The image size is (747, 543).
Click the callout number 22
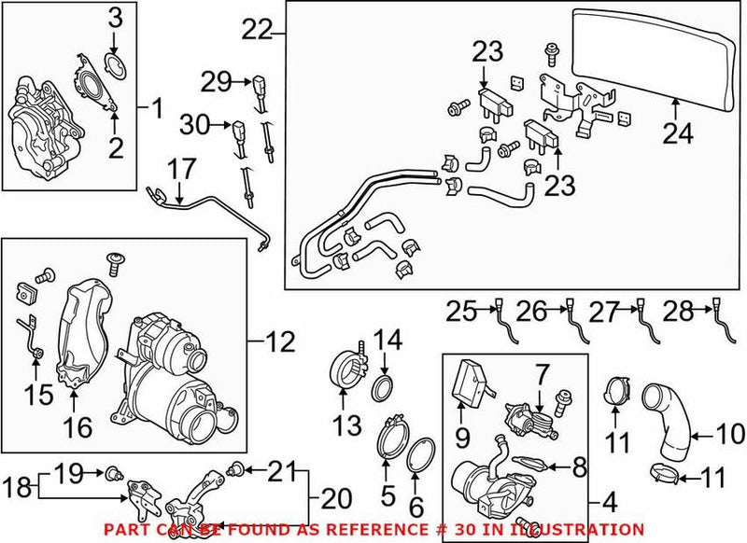tap(256, 31)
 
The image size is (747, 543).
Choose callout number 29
tap(217, 82)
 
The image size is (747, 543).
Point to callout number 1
tap(156, 111)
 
